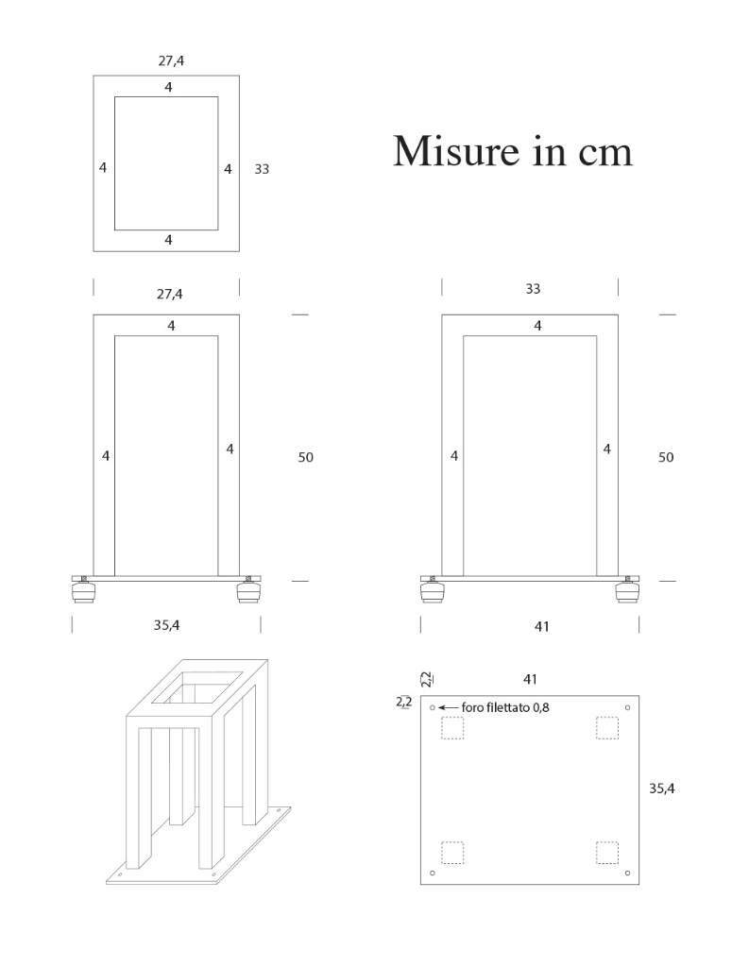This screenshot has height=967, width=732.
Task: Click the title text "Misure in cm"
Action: [513, 150]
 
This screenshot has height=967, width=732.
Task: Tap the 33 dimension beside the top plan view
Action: [262, 169]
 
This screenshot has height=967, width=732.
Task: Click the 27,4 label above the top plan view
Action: [171, 61]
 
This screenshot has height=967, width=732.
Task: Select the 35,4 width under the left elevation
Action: [166, 625]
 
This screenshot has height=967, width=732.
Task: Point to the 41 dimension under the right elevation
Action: [541, 627]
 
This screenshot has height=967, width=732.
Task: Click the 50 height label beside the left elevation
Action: [305, 458]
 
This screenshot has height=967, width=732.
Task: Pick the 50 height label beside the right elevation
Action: [665, 458]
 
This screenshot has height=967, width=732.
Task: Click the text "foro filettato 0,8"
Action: [505, 707]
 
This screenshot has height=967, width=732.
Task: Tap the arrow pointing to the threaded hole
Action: [448, 707]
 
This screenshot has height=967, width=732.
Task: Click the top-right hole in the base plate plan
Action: [627, 707]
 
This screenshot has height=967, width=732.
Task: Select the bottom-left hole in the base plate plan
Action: [433, 873]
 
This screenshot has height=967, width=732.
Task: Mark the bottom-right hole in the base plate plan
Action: [627, 873]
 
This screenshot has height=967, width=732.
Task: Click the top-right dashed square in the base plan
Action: [606, 728]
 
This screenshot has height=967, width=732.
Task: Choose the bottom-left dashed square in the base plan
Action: [452, 853]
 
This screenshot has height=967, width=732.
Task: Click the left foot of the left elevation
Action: [84, 590]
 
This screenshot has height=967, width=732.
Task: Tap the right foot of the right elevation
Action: [627, 590]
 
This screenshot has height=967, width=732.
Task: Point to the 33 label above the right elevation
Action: [533, 289]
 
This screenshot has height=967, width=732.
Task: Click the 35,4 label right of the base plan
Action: [662, 789]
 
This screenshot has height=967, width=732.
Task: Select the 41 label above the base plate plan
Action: [530, 680]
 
